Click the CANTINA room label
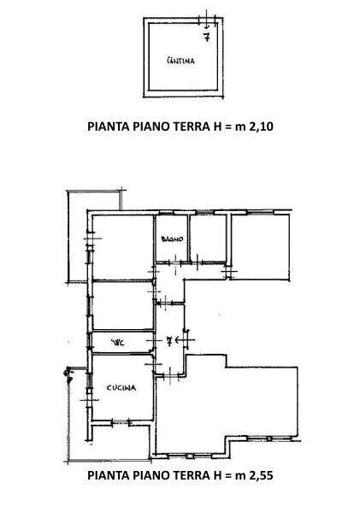[180, 61]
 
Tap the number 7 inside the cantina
[206, 36]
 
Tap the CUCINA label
[120, 388]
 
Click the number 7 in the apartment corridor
[169, 341]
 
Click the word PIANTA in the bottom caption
[112, 475]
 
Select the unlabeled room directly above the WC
[122, 305]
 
